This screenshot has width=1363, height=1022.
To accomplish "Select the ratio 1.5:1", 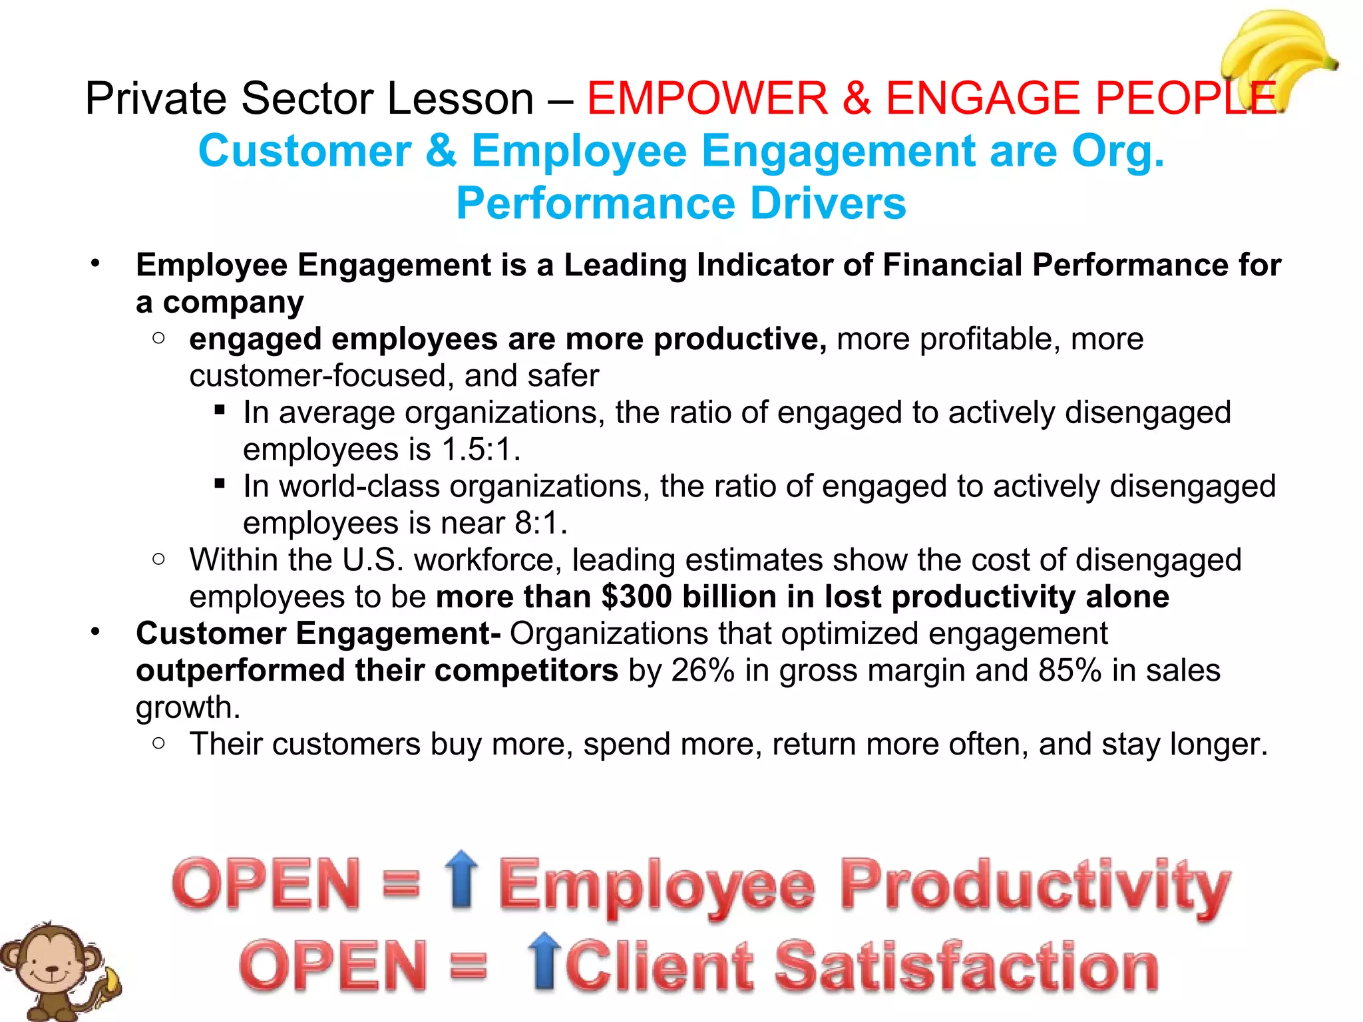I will [479, 450].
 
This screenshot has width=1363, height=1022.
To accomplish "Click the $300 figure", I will [636, 597].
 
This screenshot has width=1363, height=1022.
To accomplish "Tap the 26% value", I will [703, 671].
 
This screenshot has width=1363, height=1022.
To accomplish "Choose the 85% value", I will [1070, 671].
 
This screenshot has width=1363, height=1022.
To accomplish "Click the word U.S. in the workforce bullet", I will [373, 560].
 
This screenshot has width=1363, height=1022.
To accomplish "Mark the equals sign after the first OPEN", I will [401, 885].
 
